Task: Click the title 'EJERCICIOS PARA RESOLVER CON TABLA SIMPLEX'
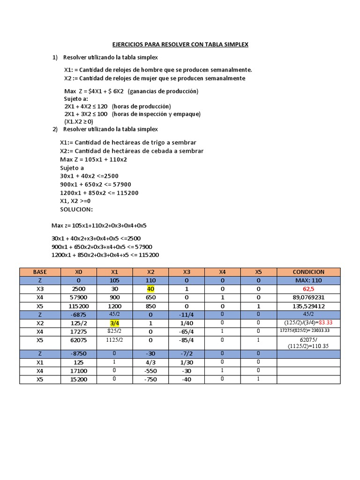pos(180,45)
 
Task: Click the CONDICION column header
pos(308,272)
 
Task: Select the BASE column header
pos(40,272)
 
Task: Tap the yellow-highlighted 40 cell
pos(150,289)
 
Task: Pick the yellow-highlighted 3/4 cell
pos(114,323)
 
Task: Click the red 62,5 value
pos(308,289)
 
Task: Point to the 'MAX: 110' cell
pos(308,280)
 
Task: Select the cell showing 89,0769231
pos(308,297)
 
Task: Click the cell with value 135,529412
pos(308,306)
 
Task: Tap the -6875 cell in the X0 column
pos(78,315)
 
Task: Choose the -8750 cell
pos(78,354)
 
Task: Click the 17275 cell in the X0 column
pos(78,331)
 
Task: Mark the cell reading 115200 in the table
pos(78,306)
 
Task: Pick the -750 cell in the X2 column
pos(150,379)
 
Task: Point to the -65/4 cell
pos(187,331)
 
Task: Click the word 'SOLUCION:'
pos(76,209)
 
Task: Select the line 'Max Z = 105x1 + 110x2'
pos(93,159)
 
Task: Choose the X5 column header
pos(258,272)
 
